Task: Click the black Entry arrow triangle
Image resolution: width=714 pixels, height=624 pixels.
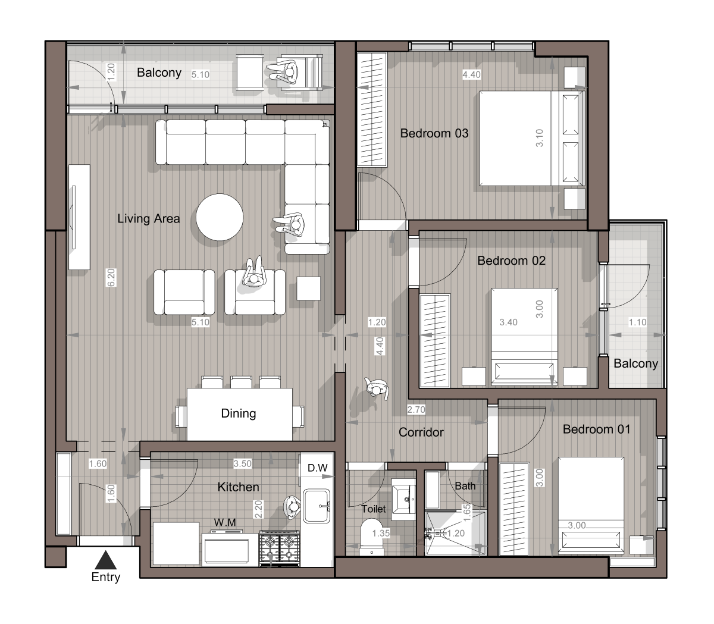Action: [105, 560]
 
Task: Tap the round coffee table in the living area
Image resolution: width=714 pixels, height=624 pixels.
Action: [220, 217]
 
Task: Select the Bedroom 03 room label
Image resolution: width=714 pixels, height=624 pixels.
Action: [434, 133]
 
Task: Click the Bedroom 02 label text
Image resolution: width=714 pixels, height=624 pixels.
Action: [511, 261]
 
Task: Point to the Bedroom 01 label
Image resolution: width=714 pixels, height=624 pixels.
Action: [596, 429]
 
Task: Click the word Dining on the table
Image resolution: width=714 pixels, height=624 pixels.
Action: [239, 413]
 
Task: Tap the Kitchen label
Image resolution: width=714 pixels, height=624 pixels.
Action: [238, 487]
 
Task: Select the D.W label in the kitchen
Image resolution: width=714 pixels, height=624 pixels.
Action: [318, 468]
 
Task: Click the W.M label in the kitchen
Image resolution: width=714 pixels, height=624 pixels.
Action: [225, 522]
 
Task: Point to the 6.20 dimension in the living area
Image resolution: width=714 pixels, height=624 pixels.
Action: [111, 278]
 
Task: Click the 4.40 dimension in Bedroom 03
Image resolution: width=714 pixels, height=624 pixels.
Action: [471, 74]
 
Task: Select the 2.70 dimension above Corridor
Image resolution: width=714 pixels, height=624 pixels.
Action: [416, 409]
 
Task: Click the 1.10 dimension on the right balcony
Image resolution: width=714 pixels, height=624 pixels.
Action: [638, 322]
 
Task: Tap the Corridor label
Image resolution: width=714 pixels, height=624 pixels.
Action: [421, 432]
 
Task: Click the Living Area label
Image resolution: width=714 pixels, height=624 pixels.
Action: [149, 219]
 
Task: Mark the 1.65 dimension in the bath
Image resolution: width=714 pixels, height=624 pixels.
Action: [467, 513]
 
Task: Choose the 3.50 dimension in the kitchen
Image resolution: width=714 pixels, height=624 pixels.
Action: [243, 463]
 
